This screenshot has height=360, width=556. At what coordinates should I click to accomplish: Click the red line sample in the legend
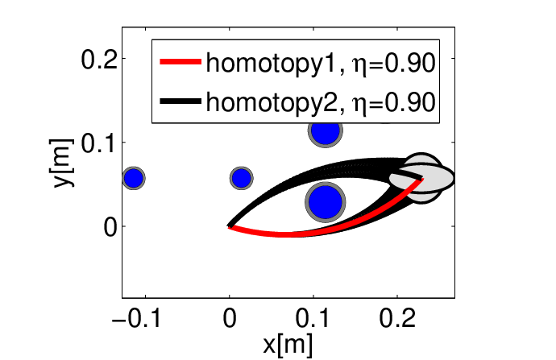tap(180, 62)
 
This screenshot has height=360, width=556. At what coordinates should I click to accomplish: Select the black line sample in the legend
tap(180, 101)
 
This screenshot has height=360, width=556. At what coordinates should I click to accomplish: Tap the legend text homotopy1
tap(271, 64)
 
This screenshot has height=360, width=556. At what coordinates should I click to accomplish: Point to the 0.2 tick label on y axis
tap(99, 59)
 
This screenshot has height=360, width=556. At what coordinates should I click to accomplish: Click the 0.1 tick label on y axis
tap(99, 143)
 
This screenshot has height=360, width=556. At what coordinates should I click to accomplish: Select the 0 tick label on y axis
tap(110, 227)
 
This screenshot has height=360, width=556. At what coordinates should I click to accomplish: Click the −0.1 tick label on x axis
tap(136, 318)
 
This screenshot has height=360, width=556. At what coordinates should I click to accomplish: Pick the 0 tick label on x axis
tap(230, 318)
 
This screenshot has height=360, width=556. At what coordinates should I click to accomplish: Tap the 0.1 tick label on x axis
tap(313, 318)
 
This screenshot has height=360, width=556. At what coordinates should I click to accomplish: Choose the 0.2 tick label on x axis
tap(397, 318)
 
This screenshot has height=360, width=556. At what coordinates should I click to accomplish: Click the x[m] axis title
tap(288, 345)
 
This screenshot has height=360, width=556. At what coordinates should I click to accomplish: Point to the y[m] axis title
tap(61, 163)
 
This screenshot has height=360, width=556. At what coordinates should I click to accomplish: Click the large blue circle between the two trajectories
tap(326, 202)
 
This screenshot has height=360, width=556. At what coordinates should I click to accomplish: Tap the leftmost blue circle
tap(134, 178)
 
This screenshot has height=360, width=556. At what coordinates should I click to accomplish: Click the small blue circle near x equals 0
tap(242, 178)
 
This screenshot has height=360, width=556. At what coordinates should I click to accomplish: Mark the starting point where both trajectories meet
tap(230, 226)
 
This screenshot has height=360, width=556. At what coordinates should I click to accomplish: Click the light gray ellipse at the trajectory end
tap(421, 178)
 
